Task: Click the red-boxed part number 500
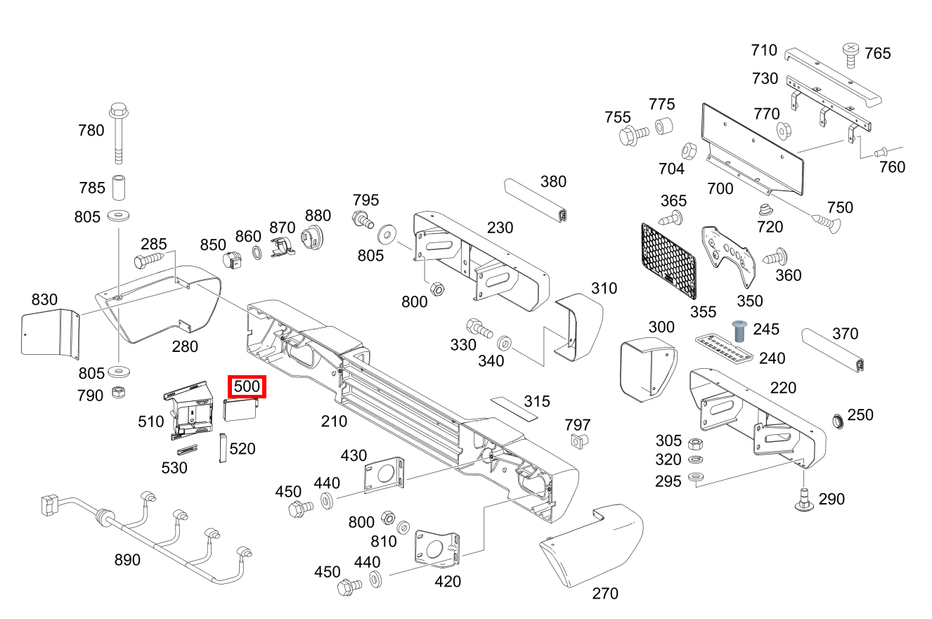(x=247, y=386)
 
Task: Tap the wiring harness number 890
(x=127, y=560)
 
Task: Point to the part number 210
(x=334, y=421)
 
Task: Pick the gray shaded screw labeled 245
(x=739, y=330)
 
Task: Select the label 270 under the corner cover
(x=605, y=594)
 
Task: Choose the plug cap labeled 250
(x=837, y=421)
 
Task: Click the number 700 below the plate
(x=720, y=188)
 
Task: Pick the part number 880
(x=317, y=215)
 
